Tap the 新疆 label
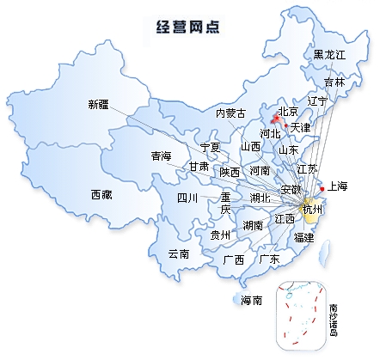tap(99, 105)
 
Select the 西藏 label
tap(101, 195)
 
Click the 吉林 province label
tap(334, 82)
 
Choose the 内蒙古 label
tap(230, 113)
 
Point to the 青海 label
tap(161, 156)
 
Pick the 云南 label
tap(179, 253)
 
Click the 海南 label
tap(251, 300)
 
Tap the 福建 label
tap(304, 236)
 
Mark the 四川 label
tap(187, 198)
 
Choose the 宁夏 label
tap(210, 147)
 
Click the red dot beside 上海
tap(322, 187)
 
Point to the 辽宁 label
tap(317, 101)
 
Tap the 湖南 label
tap(253, 225)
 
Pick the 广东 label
tap(269, 259)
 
